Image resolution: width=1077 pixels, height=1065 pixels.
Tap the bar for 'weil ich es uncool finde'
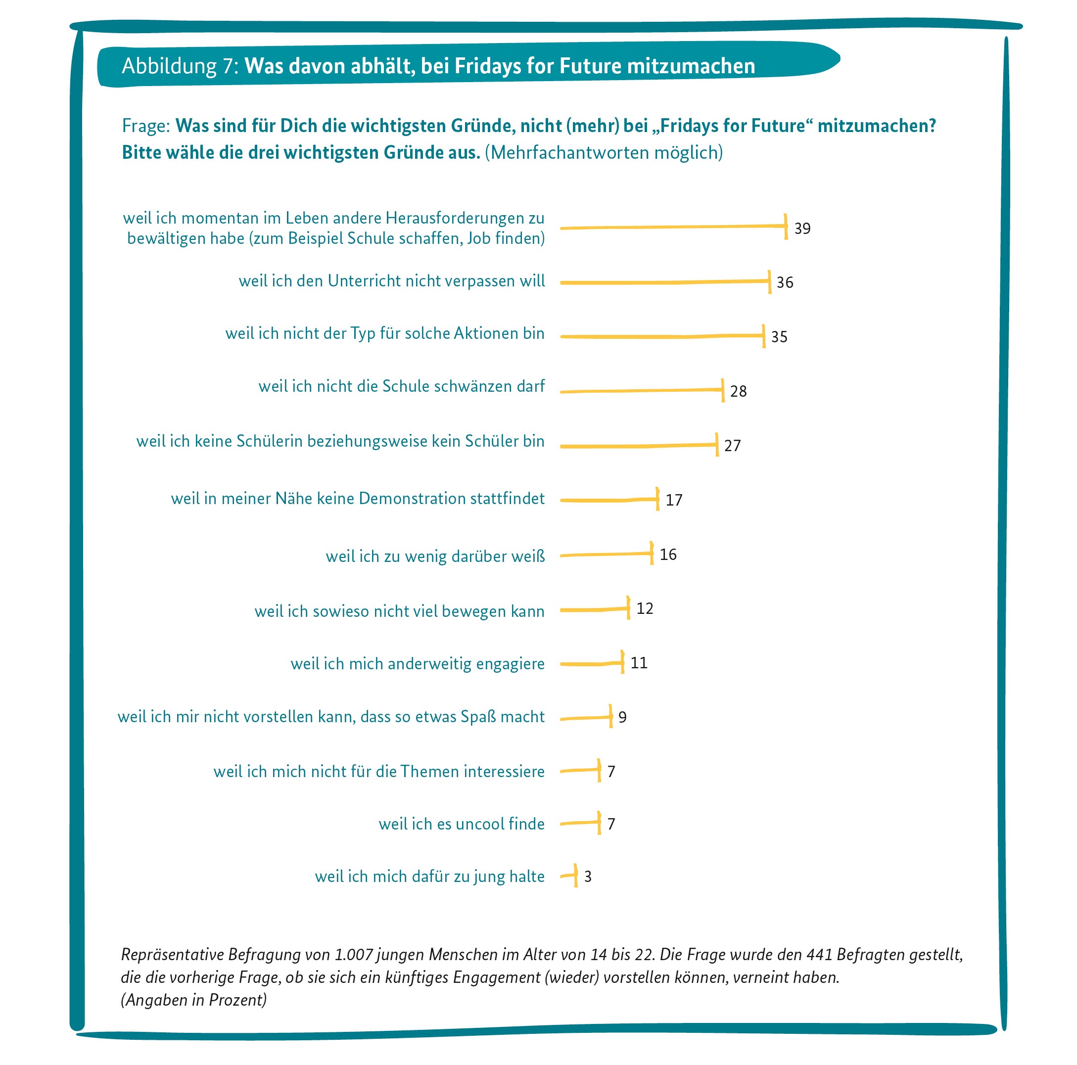(x=580, y=823)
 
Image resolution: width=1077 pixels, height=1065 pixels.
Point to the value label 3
(x=588, y=877)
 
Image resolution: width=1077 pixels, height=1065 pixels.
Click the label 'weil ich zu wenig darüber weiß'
(x=435, y=556)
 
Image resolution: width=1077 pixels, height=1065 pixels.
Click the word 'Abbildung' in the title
(x=169, y=66)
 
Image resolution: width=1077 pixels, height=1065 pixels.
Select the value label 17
(x=673, y=500)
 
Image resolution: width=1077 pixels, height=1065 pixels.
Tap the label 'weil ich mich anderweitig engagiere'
(x=417, y=664)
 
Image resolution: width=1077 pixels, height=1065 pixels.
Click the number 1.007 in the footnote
(x=353, y=955)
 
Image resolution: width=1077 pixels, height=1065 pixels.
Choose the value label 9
(x=622, y=717)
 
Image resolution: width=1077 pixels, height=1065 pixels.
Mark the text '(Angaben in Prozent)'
(x=193, y=1000)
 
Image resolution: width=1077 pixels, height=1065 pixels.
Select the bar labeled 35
(x=662, y=336)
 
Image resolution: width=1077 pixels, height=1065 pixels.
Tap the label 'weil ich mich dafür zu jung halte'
(x=429, y=877)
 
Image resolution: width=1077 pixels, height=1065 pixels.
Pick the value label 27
(x=732, y=446)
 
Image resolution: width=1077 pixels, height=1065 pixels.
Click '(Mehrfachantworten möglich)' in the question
(x=603, y=153)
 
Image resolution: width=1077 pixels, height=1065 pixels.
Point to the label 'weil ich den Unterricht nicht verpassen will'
(x=391, y=281)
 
